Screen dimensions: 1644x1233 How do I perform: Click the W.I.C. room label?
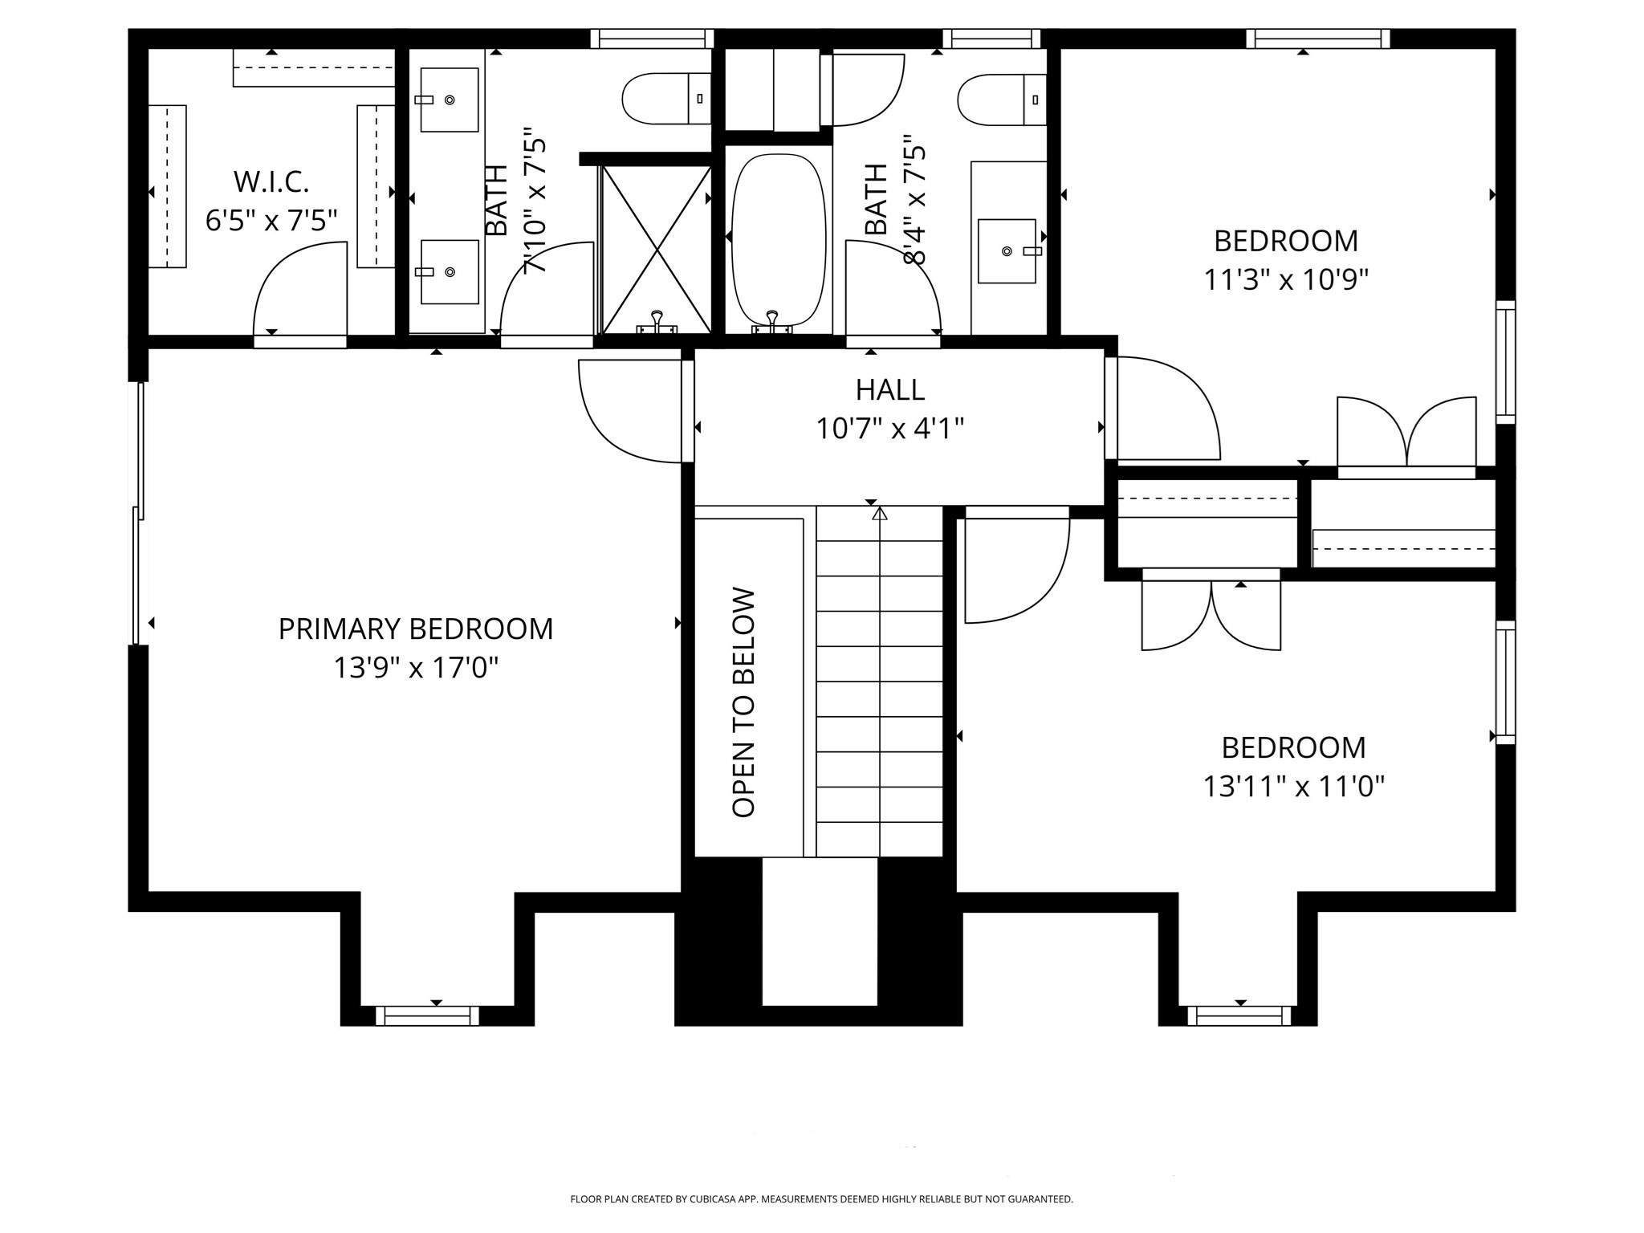[271, 182]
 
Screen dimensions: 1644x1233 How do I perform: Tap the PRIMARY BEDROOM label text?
[416, 629]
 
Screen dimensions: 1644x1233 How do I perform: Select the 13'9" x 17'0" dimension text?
[417, 667]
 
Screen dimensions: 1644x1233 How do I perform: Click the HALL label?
[890, 390]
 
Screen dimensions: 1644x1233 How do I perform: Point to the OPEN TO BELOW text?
[744, 703]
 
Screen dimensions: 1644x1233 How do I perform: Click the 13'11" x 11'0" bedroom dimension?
[1294, 786]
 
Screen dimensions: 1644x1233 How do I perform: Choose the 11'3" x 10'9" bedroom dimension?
[1286, 279]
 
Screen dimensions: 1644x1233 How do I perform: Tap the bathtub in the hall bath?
[779, 240]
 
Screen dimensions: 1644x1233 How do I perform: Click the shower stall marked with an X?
[657, 250]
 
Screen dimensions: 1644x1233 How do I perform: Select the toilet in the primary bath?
[666, 99]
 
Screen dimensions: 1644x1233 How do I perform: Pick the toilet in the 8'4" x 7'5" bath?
[1002, 100]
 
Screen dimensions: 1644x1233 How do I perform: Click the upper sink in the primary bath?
[450, 100]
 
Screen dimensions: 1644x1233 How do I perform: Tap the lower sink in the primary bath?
[450, 272]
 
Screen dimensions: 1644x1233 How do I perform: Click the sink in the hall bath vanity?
[1007, 251]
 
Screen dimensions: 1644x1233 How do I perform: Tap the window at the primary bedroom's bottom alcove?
[428, 1015]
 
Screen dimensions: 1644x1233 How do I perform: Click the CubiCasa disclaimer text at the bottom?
[821, 1199]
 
